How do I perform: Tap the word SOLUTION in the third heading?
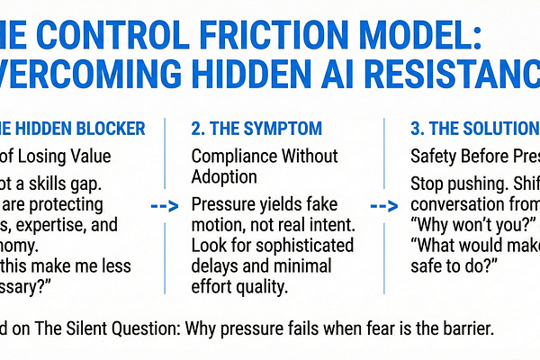(496, 129)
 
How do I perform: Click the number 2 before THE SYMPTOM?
(197, 129)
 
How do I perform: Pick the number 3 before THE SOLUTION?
(416, 129)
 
